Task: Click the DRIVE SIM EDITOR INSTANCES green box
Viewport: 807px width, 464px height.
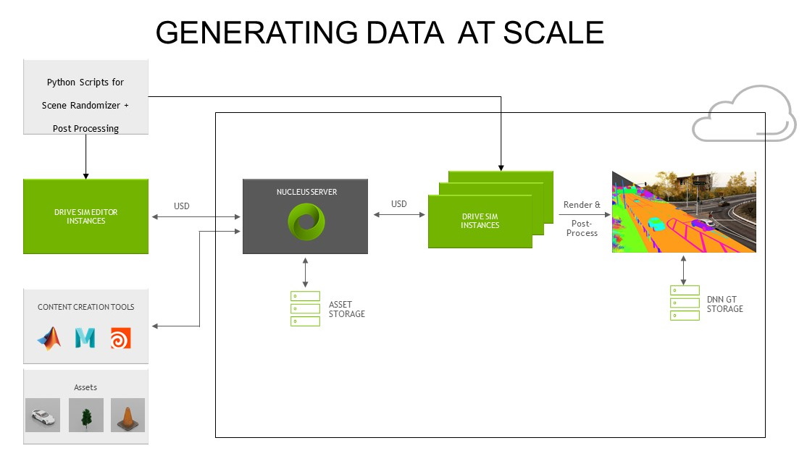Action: point(85,216)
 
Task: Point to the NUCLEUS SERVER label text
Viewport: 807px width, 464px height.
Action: point(305,193)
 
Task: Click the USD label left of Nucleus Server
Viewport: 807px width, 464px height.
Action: point(182,206)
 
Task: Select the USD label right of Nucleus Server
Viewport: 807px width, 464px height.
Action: point(399,204)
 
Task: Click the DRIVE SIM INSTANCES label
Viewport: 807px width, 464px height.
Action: point(480,221)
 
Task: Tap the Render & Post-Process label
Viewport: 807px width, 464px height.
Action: point(582,219)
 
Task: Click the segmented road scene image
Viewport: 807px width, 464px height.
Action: point(684,211)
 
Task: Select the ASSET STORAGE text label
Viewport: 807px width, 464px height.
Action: point(346,309)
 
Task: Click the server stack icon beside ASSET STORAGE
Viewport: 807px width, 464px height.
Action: point(305,308)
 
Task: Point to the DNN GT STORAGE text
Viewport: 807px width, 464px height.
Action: point(724,304)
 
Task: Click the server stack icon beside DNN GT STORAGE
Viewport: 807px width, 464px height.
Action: point(685,303)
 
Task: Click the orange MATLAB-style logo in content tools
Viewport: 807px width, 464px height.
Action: point(49,338)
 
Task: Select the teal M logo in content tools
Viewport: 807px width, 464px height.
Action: point(85,338)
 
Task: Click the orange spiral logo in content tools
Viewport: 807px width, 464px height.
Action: point(120,338)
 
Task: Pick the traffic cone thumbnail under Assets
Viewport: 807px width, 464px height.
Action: point(127,416)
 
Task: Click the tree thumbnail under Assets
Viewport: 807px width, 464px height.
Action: point(86,416)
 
